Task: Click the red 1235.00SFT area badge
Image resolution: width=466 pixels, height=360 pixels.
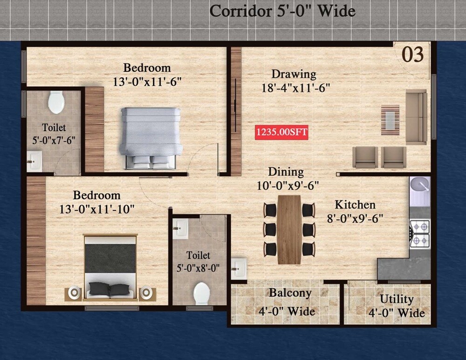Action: coord(281,132)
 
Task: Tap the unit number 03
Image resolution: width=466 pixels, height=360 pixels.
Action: coord(412,55)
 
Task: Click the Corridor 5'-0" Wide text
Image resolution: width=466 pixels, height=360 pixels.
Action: coord(282,11)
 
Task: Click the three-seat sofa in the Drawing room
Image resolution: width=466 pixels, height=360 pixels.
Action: coord(416,117)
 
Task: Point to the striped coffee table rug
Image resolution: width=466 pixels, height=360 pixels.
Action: coord(390,120)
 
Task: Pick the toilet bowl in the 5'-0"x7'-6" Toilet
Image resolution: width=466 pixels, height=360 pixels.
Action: coord(56,102)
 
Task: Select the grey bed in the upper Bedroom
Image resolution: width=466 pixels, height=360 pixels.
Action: coord(150,137)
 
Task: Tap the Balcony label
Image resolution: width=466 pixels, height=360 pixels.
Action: coord(290,293)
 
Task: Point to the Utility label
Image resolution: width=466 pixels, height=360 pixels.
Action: coord(396,299)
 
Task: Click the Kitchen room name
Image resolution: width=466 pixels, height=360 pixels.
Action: coord(355,205)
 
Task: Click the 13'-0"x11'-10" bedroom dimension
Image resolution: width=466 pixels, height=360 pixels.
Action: coord(97,209)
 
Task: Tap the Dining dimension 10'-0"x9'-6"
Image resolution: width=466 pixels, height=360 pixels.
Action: coord(288,186)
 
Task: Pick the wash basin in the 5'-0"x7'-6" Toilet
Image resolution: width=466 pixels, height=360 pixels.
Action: coord(34,161)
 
